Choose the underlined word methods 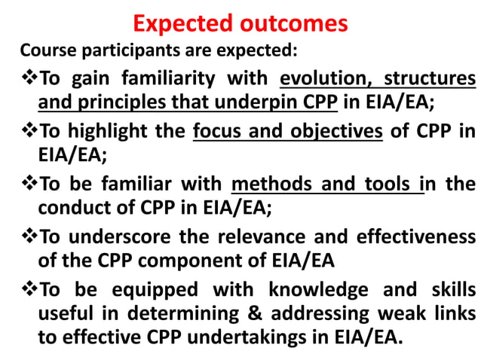(x=270, y=185)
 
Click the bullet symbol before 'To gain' (x=28, y=78)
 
